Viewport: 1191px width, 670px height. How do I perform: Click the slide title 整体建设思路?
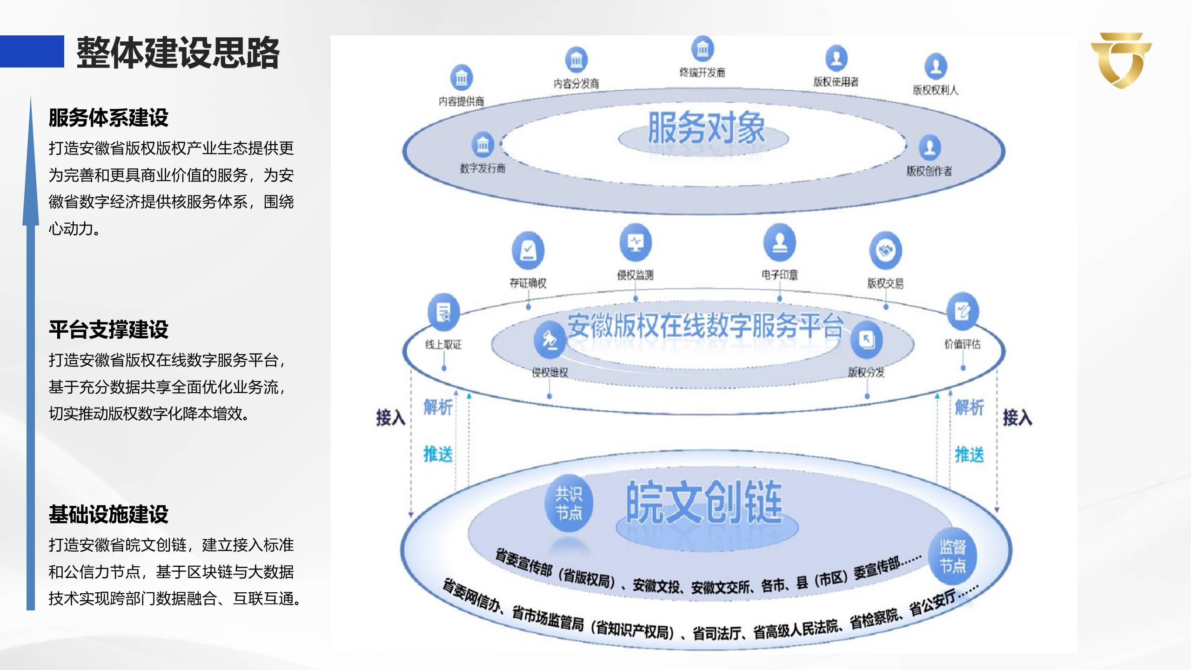(178, 52)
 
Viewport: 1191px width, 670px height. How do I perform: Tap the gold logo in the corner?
(1121, 60)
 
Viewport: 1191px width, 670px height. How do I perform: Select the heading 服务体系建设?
(108, 118)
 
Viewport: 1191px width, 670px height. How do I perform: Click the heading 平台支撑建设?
(108, 329)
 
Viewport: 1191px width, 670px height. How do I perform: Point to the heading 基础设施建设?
(108, 514)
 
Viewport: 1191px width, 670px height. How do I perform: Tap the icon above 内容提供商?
(462, 78)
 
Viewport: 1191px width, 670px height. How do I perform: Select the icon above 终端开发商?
(703, 48)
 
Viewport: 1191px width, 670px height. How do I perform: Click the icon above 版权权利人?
(936, 66)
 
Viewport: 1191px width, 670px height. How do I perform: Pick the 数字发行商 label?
(482, 168)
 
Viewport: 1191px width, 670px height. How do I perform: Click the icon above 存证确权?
(528, 250)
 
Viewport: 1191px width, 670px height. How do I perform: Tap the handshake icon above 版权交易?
(885, 250)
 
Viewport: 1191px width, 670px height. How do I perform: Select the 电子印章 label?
(780, 275)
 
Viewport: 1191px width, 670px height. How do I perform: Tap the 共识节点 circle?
(569, 503)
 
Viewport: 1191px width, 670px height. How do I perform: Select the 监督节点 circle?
(952, 556)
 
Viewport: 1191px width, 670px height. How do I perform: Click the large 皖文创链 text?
(704, 503)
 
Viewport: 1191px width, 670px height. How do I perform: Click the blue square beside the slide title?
(32, 51)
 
